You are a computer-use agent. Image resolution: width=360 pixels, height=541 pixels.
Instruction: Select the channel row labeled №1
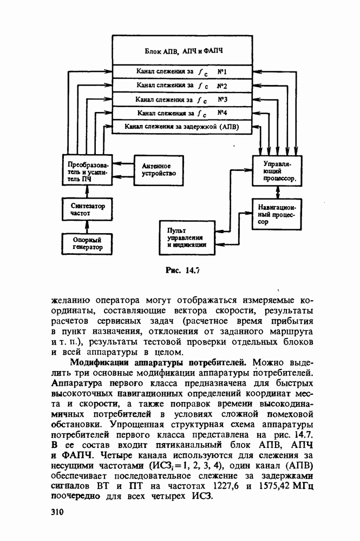click(181, 71)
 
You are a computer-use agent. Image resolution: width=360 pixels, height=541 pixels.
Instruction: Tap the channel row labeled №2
click(181, 85)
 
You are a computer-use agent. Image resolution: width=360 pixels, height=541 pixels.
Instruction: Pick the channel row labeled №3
click(181, 100)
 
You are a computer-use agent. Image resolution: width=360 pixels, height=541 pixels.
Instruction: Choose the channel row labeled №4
click(181, 114)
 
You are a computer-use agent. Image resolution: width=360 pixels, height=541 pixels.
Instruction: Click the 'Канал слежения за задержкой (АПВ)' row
click(181, 127)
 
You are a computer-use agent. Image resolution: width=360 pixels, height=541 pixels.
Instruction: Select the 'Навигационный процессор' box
click(277, 214)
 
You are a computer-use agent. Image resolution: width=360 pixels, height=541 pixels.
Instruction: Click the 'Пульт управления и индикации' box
click(187, 237)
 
